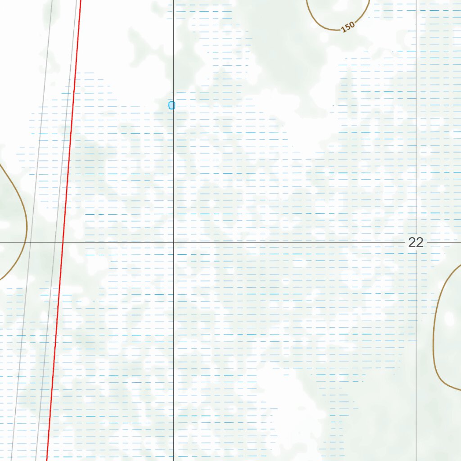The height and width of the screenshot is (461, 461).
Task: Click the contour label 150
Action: coord(348,27)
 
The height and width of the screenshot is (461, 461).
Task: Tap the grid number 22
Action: coord(416,243)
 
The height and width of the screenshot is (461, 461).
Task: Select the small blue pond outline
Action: coord(171,105)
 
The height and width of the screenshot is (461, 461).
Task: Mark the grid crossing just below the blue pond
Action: coord(174,242)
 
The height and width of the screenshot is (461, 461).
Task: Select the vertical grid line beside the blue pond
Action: coord(174,180)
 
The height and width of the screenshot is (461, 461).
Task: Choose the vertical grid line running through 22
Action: coord(416,135)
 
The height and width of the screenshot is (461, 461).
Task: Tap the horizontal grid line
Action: coord(270,242)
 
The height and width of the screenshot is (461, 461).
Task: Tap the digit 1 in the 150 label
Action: coord(343,30)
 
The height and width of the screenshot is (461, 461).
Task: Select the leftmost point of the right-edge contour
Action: coord(434,333)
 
